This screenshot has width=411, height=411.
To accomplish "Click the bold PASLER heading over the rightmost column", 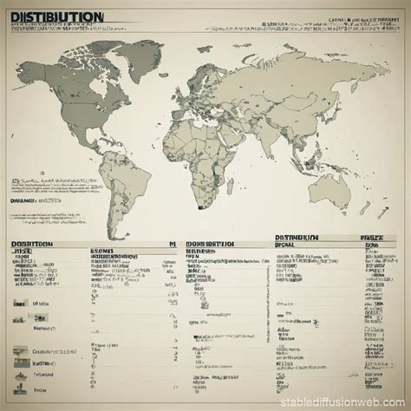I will [x=373, y=236].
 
